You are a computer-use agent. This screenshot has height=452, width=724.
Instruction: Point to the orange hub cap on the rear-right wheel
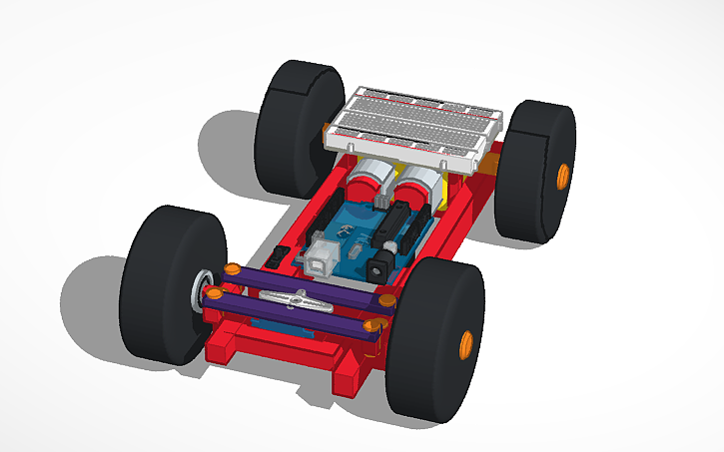click(x=562, y=174)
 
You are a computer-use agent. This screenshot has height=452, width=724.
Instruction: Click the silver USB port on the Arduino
click(x=325, y=256)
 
